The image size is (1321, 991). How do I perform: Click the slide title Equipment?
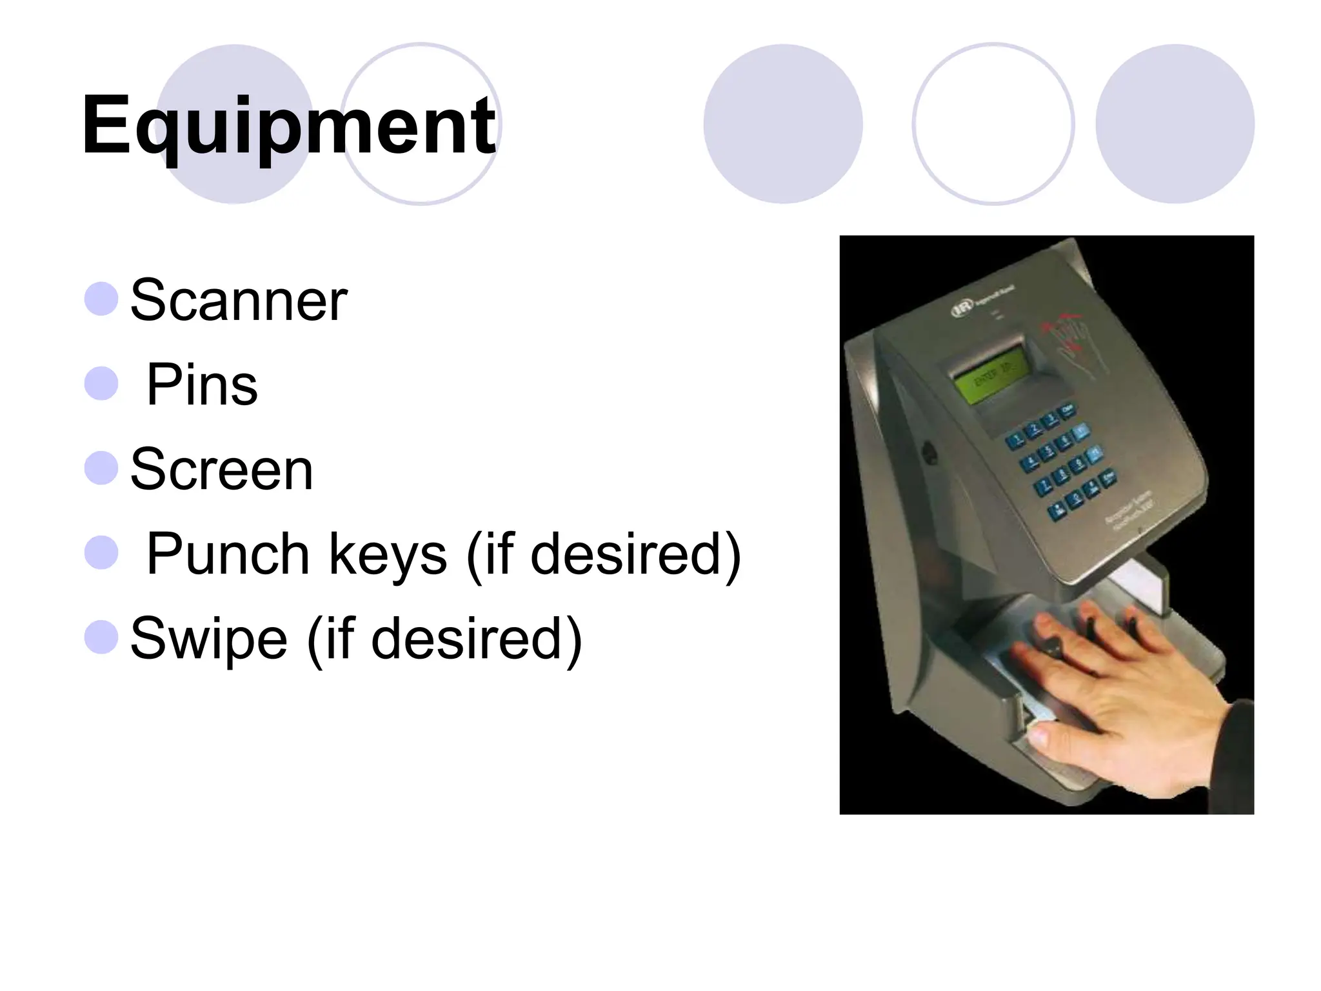[288, 126]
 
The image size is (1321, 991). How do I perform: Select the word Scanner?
[239, 300]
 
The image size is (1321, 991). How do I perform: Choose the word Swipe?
[208, 639]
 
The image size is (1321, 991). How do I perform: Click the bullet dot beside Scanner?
[101, 299]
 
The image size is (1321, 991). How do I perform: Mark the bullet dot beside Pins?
[101, 384]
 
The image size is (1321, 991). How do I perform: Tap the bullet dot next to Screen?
[101, 468]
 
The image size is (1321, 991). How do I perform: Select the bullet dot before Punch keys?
[101, 553]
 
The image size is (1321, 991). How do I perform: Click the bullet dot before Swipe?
[101, 637]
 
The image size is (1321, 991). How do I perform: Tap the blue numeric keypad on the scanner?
[1064, 462]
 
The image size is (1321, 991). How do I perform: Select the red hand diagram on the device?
[1073, 342]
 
